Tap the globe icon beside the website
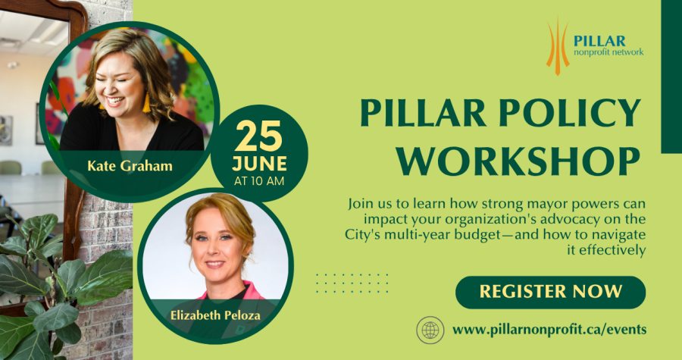pos(430,330)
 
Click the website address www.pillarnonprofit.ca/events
pos(549,330)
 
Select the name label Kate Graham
pos(130,166)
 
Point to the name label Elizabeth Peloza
pos(215,315)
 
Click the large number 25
pos(259,136)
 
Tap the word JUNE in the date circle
pos(259,164)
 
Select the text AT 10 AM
pos(259,181)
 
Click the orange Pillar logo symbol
pos(558,46)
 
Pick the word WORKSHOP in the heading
pos(518,161)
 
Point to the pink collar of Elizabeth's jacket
pos(235,291)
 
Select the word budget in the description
pos(477,235)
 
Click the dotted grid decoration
pos(352,283)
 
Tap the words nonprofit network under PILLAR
pos(608,52)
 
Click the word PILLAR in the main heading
pos(423,113)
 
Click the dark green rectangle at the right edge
pos(671,77)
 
